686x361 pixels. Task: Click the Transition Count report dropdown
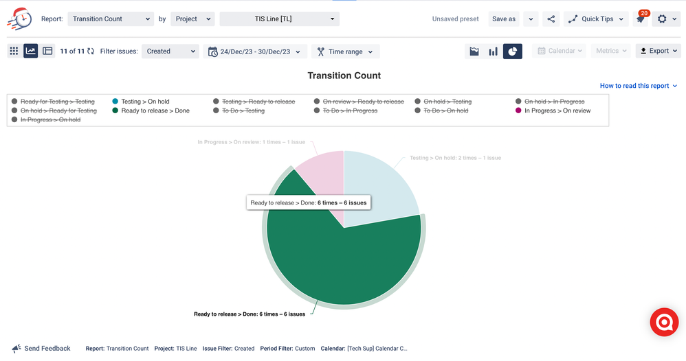(x=111, y=19)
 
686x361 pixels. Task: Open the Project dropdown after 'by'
(x=192, y=19)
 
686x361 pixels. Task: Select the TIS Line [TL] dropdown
(x=279, y=19)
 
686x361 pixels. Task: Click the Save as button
(x=504, y=19)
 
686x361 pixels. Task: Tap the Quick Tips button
(x=596, y=19)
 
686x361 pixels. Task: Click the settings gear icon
(x=663, y=19)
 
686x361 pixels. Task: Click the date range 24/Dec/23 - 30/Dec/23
(x=255, y=51)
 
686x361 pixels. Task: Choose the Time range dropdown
(x=345, y=51)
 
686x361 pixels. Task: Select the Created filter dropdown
(x=170, y=51)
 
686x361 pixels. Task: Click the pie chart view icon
(x=512, y=51)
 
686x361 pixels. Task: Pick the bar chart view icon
(x=493, y=51)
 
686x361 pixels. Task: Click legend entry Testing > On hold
(x=144, y=102)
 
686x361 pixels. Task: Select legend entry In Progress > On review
(x=557, y=110)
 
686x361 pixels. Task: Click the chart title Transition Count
(x=344, y=75)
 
